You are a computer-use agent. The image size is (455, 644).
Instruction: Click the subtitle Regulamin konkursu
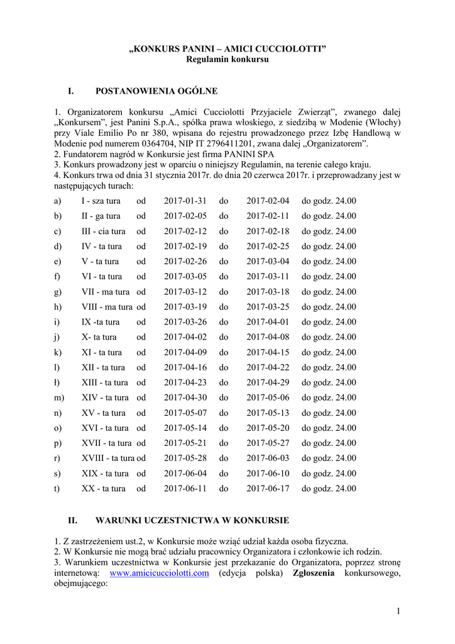tap(227, 59)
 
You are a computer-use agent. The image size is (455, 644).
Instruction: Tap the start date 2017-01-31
tap(185, 201)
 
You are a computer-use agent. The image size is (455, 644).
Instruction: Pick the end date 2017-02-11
tap(268, 216)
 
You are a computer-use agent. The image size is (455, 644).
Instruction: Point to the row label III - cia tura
tap(104, 231)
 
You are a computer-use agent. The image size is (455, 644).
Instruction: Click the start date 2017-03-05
tap(185, 277)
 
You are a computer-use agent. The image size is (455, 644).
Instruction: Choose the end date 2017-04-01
tap(268, 322)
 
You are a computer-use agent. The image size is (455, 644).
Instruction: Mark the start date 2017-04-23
tap(185, 382)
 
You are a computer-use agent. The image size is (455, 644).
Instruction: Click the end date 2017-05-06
tap(268, 397)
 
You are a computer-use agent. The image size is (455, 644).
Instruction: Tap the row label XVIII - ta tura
tap(109, 458)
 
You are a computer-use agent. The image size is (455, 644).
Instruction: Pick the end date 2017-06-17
tap(268, 488)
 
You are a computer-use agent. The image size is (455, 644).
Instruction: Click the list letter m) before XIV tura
tap(60, 397)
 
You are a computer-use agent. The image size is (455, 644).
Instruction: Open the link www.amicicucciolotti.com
tap(159, 574)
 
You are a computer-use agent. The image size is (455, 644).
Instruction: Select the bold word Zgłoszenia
tap(314, 574)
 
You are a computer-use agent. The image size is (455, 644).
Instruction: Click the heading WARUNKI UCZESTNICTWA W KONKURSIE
tap(192, 521)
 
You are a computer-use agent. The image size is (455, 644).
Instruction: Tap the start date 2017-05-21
tap(185, 443)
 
